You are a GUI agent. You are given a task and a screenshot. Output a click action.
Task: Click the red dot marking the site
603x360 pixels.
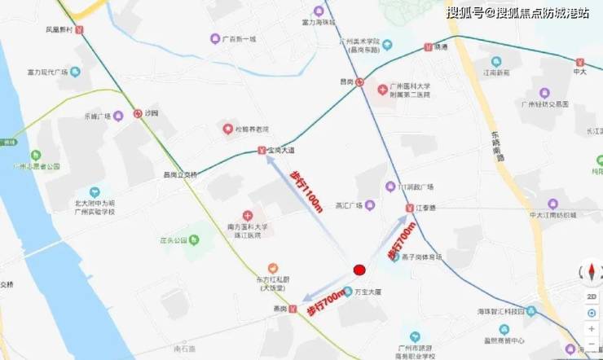tap(359, 270)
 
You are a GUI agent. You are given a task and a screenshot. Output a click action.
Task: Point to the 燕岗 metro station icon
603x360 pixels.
tap(292, 310)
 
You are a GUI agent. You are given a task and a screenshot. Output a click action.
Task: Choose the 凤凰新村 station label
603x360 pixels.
tap(65, 29)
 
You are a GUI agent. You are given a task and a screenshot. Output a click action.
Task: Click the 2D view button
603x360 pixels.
tap(592, 297)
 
